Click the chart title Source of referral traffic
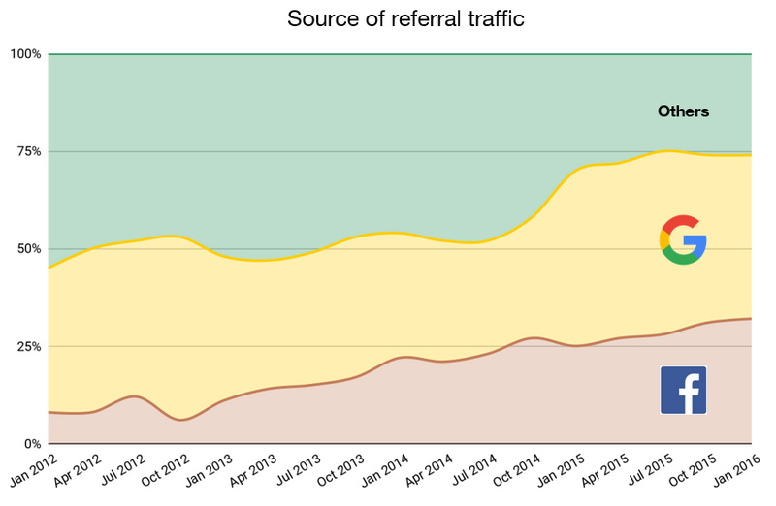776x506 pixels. [405, 19]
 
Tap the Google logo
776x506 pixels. [683, 239]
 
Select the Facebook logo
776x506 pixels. [683, 390]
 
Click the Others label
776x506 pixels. [683, 111]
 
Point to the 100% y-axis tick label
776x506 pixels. [24, 54]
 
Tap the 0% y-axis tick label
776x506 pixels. [30, 444]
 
